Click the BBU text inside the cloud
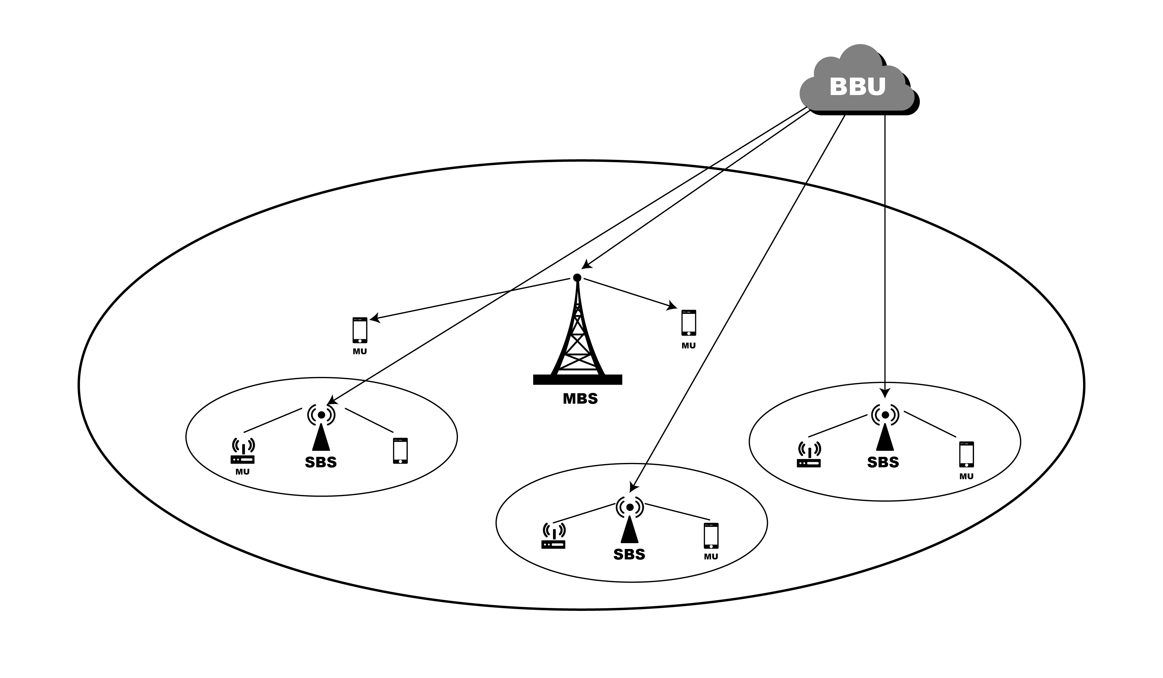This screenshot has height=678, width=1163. click(857, 87)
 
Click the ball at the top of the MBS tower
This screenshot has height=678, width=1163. click(577, 277)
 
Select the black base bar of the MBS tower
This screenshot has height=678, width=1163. click(577, 380)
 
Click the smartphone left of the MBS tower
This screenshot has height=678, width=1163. click(360, 330)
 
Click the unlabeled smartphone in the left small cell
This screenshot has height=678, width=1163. click(400, 451)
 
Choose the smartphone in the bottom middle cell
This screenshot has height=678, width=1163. click(711, 536)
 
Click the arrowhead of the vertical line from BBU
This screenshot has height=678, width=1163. click(885, 393)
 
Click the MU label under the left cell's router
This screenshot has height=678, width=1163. click(242, 472)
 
